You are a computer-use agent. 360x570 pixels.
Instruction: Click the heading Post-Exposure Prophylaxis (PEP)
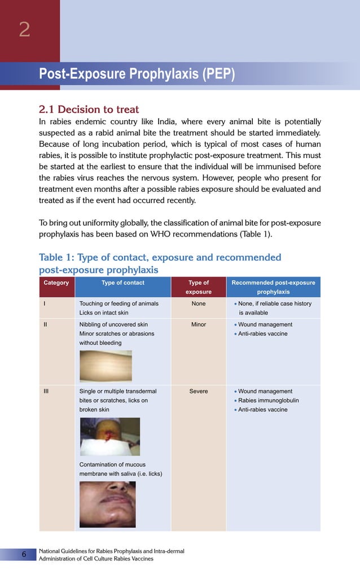click(137, 74)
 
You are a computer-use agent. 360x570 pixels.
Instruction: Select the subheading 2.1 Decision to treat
click(89, 109)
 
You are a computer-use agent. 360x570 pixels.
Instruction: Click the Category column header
click(56, 283)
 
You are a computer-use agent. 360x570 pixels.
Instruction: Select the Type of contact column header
click(122, 283)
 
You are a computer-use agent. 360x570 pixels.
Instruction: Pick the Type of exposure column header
click(199, 287)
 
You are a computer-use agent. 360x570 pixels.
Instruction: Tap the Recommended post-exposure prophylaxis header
click(273, 287)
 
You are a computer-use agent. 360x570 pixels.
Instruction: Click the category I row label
click(45, 304)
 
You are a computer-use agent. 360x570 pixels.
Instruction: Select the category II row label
click(45, 325)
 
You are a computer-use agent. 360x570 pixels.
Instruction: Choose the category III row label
click(46, 391)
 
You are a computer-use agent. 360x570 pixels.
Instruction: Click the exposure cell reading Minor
click(199, 325)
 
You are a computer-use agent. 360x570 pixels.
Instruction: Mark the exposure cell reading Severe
click(199, 391)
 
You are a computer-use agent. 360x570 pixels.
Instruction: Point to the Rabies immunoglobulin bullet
click(268, 400)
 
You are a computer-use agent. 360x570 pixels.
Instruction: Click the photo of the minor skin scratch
click(106, 366)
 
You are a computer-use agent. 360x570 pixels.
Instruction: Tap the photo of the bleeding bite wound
click(109, 436)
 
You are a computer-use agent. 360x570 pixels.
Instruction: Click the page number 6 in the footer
click(24, 554)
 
